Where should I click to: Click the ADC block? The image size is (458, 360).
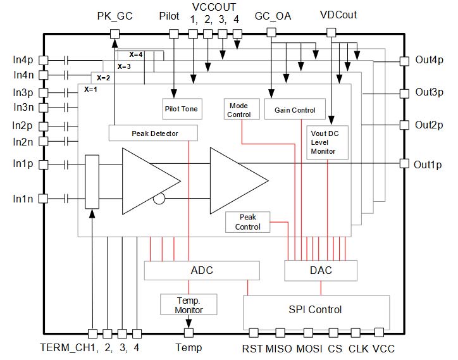pos(202,271)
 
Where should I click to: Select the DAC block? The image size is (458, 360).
pos(321,271)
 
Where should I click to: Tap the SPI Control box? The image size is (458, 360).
pos(315,309)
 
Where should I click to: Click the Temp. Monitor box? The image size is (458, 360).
pos(189,304)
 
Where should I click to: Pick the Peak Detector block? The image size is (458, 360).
pos(154,133)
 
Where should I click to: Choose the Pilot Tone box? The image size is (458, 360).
pos(182,109)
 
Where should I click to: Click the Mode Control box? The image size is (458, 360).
pos(239,109)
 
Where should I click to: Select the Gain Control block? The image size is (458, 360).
pos(295,109)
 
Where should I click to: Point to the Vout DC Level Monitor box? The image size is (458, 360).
pos(328,142)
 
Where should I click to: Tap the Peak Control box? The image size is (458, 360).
pos(248,222)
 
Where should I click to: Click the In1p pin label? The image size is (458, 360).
pos(22,164)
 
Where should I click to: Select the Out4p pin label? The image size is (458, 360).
pos(429,61)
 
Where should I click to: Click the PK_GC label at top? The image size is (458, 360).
pos(114,16)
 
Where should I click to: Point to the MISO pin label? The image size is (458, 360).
pos(279,348)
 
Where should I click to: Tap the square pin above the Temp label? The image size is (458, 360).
pos(189,333)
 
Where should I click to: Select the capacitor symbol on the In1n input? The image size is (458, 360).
pos(66,198)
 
